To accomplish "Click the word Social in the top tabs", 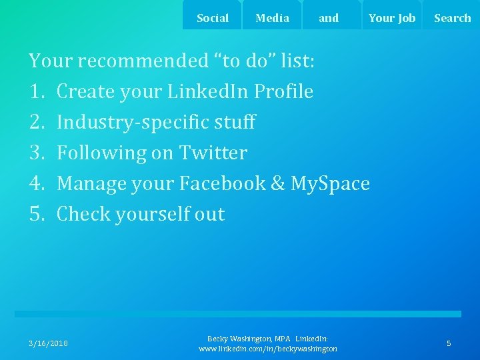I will pyautogui.click(x=213, y=18).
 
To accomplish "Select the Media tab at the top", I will pyautogui.click(x=272, y=18).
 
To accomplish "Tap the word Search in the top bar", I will pyautogui.click(x=452, y=18).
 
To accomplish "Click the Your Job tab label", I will pyautogui.click(x=391, y=18).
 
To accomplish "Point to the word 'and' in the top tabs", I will pyautogui.click(x=329, y=18).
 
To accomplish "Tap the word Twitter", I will pyautogui.click(x=213, y=153).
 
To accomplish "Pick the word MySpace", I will pyautogui.click(x=330, y=183).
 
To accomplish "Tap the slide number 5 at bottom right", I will pyautogui.click(x=449, y=343).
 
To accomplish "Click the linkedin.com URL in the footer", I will pyautogui.click(x=268, y=349).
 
